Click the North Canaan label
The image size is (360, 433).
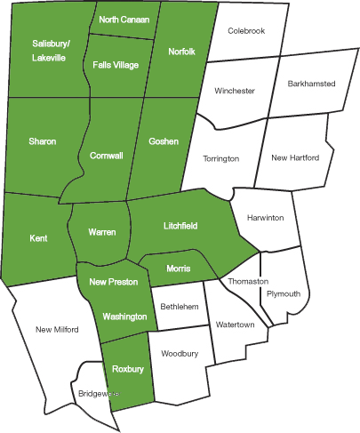click(x=124, y=20)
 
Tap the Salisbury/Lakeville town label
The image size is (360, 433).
click(x=50, y=49)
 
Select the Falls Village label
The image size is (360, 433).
click(x=116, y=65)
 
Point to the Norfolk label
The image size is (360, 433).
click(x=181, y=52)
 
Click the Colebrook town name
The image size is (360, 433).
click(x=246, y=31)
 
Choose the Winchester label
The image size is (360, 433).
click(x=235, y=91)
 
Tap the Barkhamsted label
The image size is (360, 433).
click(x=311, y=84)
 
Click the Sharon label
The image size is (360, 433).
click(x=42, y=141)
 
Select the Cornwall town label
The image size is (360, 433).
click(x=107, y=156)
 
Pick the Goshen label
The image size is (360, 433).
click(x=164, y=141)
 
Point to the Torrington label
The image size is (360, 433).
click(x=221, y=158)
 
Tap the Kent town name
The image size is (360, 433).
click(x=38, y=238)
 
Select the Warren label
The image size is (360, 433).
click(x=102, y=232)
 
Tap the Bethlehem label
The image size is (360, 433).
click(x=179, y=307)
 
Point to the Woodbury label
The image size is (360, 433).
click(x=180, y=354)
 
